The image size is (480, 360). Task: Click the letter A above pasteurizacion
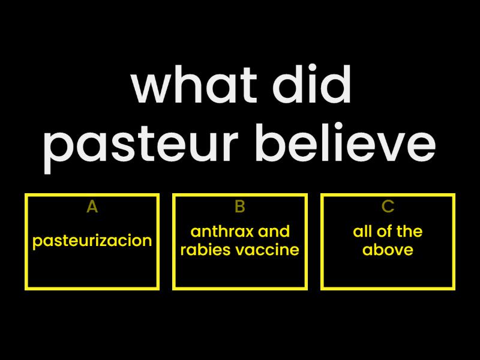(92, 207)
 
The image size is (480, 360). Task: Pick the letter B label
(240, 207)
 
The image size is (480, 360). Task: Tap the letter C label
(388, 207)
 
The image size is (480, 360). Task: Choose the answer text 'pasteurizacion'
(92, 241)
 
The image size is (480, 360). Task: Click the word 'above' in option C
(388, 250)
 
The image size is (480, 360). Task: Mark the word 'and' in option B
(276, 232)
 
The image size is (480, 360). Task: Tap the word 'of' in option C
(383, 232)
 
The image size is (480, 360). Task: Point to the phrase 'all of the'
(388, 232)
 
